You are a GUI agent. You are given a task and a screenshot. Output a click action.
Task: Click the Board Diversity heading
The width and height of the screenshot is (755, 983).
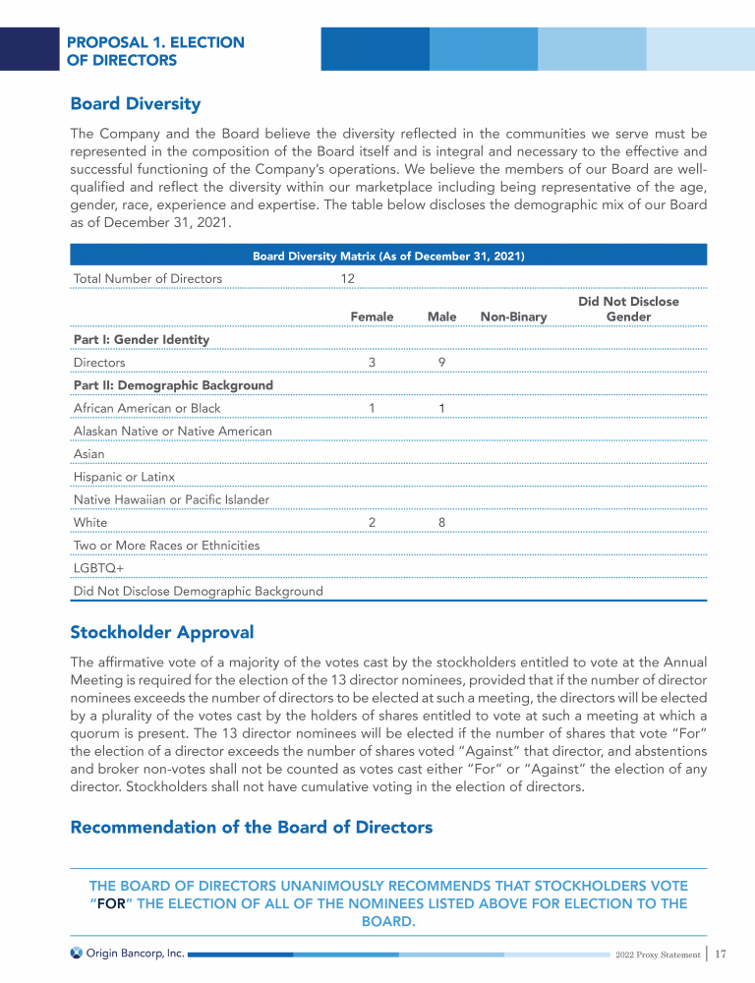click(x=135, y=103)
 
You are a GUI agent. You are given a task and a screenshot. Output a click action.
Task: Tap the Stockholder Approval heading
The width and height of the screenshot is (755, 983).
click(x=162, y=632)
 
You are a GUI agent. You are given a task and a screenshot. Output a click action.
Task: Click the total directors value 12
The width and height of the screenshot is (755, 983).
click(x=348, y=278)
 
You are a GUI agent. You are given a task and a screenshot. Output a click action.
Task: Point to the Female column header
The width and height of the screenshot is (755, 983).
click(x=372, y=317)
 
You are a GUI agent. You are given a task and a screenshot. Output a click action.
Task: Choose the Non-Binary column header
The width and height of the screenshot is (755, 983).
click(x=513, y=317)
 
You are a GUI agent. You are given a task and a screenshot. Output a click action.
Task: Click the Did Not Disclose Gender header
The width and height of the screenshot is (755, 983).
click(x=628, y=309)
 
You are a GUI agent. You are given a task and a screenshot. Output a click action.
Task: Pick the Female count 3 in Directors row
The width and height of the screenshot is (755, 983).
click(x=372, y=363)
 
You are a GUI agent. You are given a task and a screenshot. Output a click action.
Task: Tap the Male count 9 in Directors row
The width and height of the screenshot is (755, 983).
click(x=442, y=363)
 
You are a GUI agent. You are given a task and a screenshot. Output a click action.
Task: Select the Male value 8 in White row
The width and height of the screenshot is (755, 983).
click(x=442, y=523)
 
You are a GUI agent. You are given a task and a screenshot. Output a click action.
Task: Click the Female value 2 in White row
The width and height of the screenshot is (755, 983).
click(x=372, y=523)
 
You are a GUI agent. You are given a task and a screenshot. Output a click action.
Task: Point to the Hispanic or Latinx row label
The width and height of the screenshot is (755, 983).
click(x=124, y=477)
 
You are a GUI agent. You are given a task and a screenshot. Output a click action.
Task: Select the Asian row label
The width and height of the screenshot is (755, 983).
click(x=88, y=454)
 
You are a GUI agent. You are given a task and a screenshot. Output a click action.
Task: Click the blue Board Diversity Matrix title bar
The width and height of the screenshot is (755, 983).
click(x=388, y=256)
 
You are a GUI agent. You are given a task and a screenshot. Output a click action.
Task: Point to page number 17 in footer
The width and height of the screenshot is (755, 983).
click(x=720, y=954)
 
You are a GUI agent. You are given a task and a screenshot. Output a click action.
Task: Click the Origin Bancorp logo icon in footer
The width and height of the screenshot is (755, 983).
click(x=76, y=953)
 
